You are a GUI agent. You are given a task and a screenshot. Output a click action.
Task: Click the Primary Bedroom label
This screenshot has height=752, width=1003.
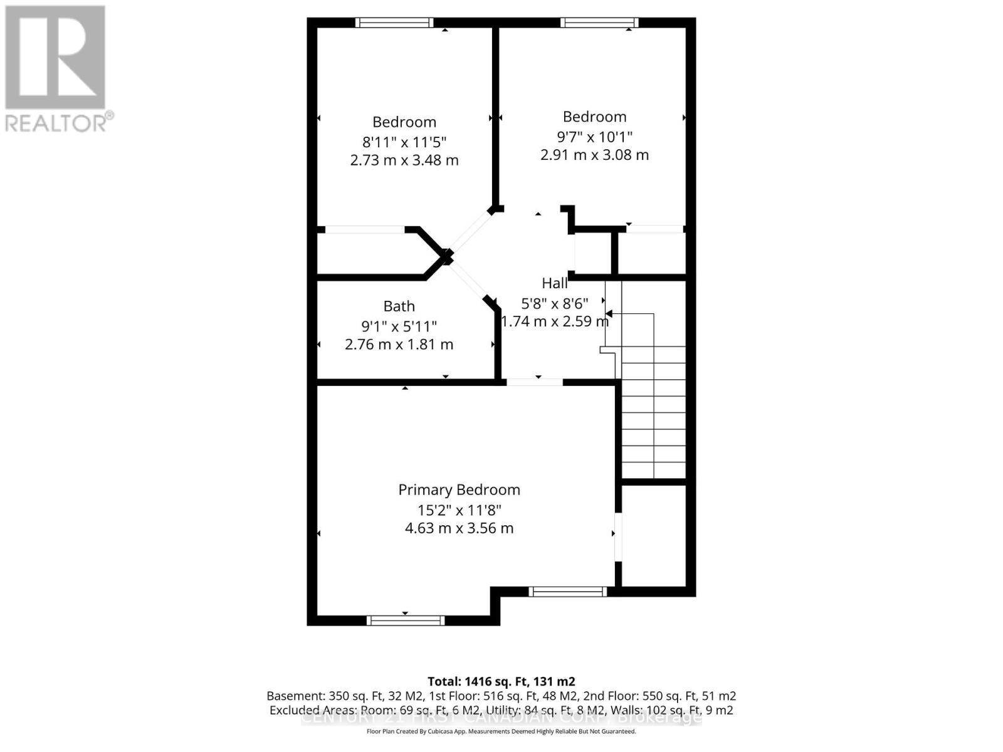click(x=459, y=489)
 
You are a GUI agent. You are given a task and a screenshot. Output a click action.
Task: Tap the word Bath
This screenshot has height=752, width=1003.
click(x=399, y=306)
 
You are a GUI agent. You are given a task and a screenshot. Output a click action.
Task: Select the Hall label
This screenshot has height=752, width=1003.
click(x=554, y=283)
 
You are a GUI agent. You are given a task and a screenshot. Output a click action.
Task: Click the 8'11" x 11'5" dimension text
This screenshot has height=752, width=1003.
click(x=404, y=142)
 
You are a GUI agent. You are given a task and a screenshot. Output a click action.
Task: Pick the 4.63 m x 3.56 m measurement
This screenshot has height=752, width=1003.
click(x=459, y=528)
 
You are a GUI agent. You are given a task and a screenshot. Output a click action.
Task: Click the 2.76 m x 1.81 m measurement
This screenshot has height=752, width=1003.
click(x=399, y=345)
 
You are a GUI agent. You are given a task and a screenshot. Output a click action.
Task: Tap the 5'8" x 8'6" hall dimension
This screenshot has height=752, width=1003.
click(x=554, y=304)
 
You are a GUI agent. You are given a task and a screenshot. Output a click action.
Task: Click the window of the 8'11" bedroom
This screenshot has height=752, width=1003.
click(x=394, y=23)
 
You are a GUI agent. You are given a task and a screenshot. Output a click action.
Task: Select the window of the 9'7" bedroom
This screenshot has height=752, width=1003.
click(x=599, y=23)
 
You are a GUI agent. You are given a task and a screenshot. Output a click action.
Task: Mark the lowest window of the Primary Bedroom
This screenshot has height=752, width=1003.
click(x=405, y=620)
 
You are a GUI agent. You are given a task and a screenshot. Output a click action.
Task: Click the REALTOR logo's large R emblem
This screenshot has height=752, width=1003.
click(x=55, y=58)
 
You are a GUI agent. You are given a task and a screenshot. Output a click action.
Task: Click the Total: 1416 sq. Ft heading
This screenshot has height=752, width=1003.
click(x=501, y=681)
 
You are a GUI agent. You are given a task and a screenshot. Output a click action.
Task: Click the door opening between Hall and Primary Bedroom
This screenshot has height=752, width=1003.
click(x=534, y=382)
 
